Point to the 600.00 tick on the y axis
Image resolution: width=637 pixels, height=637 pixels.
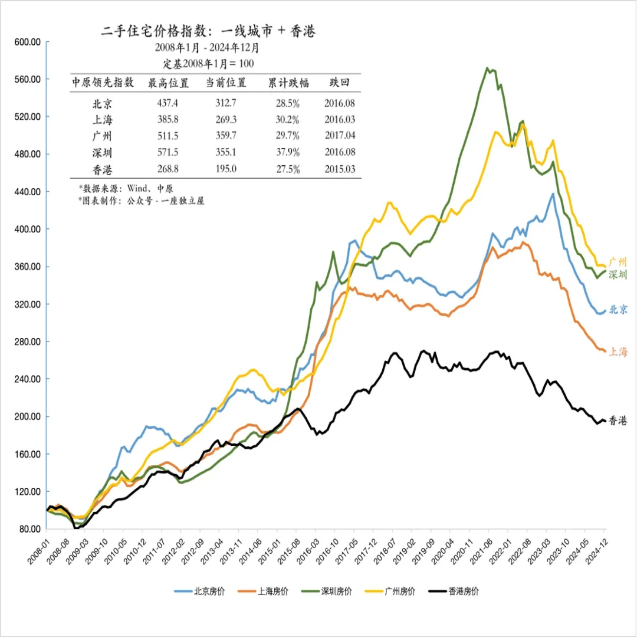point(27,42)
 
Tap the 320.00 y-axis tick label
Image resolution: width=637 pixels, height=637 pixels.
point(27,304)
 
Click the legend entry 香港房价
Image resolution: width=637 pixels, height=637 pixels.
point(454,591)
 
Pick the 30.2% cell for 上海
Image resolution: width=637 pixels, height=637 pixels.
point(288,120)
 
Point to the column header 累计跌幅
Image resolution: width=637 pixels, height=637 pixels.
point(288,83)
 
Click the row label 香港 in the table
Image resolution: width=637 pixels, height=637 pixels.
point(102,169)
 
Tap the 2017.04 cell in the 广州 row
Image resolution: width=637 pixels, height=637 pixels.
point(340,136)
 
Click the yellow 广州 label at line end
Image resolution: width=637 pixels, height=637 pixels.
point(618,262)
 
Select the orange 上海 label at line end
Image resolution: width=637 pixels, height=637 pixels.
point(618,352)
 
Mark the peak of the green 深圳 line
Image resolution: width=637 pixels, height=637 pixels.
point(488,68)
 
